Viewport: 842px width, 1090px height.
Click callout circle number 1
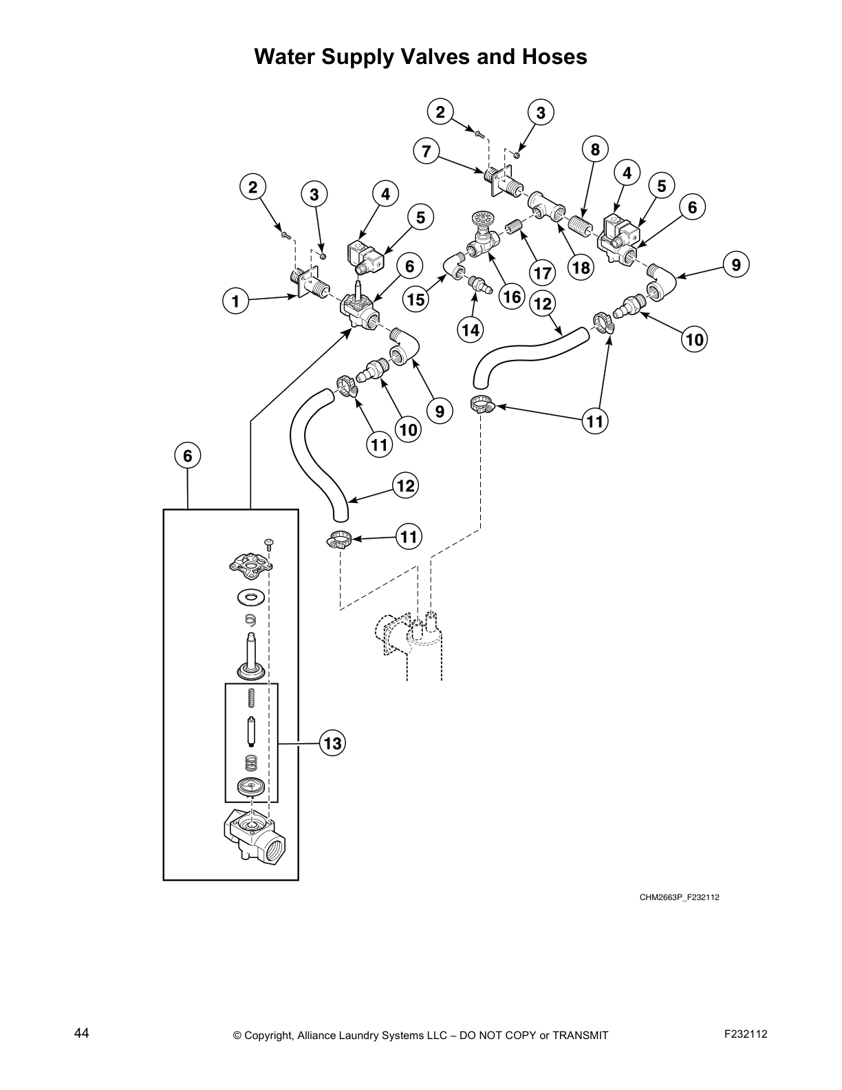pyautogui.click(x=235, y=301)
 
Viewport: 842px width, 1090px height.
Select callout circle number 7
pyautogui.click(x=427, y=151)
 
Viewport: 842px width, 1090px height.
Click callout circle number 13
pyautogui.click(x=332, y=743)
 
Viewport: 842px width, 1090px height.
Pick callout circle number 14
pyautogui.click(x=471, y=329)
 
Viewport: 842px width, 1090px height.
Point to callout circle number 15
pyautogui.click(x=415, y=299)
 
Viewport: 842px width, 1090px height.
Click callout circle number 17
pyautogui.click(x=543, y=272)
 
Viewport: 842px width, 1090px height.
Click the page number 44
pyautogui.click(x=81, y=1033)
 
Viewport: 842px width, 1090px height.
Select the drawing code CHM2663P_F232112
pyautogui.click(x=679, y=897)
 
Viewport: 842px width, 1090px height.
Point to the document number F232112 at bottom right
pyautogui.click(x=746, y=1034)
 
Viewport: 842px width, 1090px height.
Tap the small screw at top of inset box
pyautogui.click(x=270, y=544)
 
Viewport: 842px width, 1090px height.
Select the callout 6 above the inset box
pyautogui.click(x=187, y=455)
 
